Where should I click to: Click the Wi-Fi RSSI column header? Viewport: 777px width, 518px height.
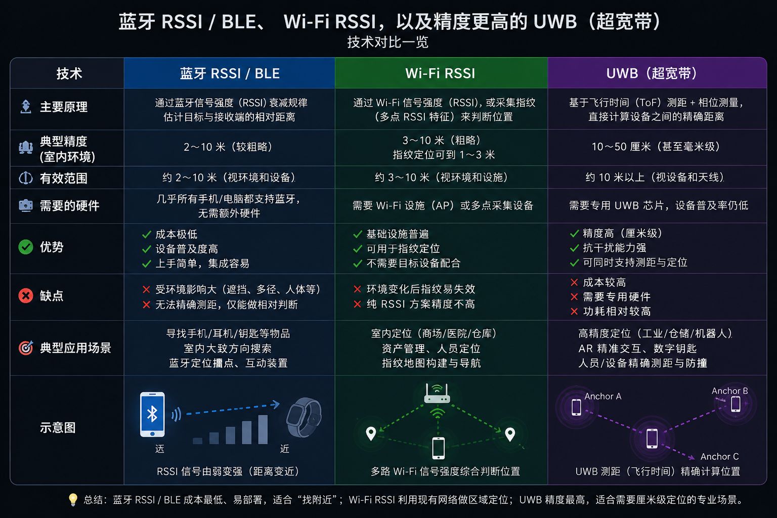point(440,73)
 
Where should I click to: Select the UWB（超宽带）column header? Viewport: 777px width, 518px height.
point(652,73)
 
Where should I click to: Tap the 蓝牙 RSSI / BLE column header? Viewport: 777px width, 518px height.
point(230,73)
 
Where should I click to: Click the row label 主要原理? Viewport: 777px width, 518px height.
point(64,107)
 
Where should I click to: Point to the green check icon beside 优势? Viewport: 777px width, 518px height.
point(26,247)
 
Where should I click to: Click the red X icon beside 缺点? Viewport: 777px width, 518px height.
point(26,295)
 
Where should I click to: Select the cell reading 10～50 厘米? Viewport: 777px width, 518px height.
point(656,146)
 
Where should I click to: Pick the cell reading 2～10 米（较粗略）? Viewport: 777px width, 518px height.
point(228,147)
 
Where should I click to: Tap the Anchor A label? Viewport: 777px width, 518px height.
point(603,396)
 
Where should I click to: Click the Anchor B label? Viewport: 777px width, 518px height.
point(730,391)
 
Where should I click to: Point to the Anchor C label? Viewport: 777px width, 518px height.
point(719,456)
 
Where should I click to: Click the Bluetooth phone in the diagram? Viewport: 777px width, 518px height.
point(152,414)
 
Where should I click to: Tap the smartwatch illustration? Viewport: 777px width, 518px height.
point(304,417)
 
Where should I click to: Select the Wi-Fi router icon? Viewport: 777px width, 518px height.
point(437,394)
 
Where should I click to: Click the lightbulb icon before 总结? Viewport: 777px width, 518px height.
point(73,500)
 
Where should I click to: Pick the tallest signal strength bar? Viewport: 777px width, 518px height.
point(263,429)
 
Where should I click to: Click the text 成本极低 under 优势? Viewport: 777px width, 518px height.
point(176,234)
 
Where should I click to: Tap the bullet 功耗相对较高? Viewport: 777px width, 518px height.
point(617,311)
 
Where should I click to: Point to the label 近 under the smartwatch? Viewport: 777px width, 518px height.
point(284,449)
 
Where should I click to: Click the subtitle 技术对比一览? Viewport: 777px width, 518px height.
point(388,42)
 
